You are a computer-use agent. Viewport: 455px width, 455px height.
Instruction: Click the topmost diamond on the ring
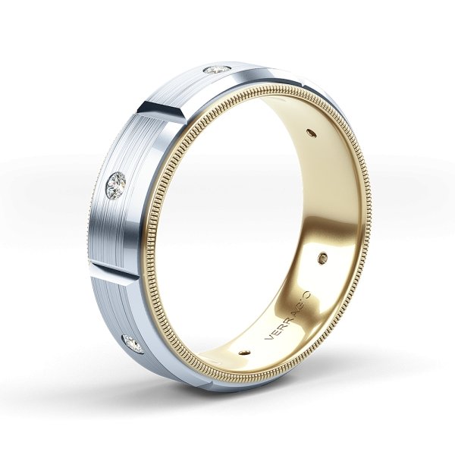[x=218, y=71]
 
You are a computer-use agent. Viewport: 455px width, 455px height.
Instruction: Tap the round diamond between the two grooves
[x=116, y=182]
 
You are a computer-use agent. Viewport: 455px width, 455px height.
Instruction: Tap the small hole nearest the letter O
[x=327, y=256]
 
